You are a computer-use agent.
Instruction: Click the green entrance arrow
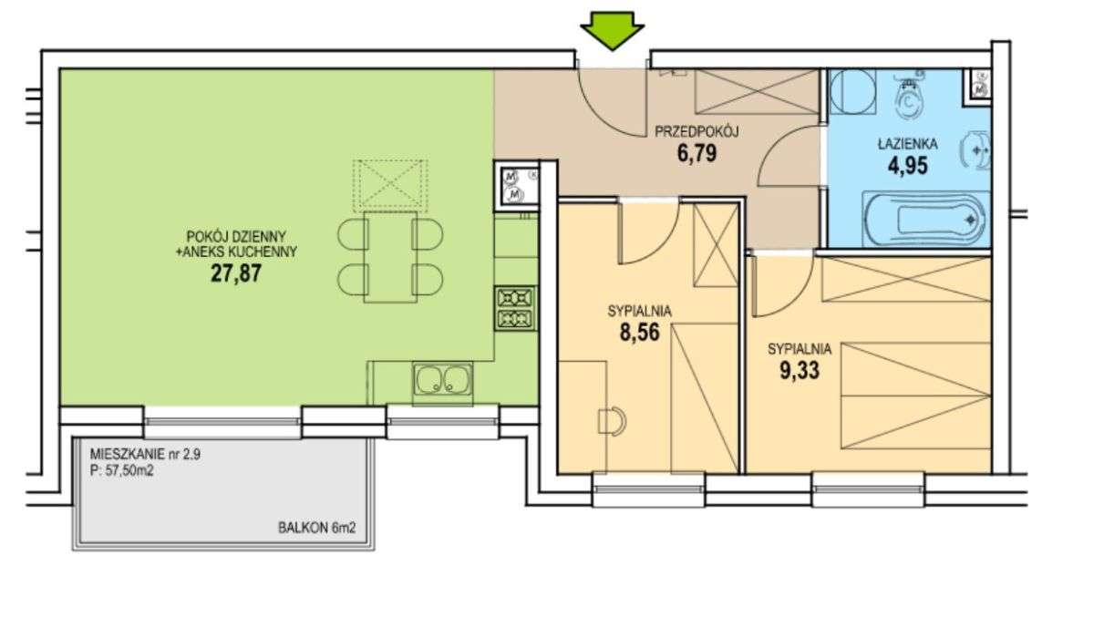click(x=613, y=30)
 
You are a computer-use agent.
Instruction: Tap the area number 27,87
click(x=236, y=273)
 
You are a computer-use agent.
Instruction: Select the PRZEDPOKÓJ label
click(x=697, y=132)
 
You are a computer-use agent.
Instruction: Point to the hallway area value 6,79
click(x=697, y=153)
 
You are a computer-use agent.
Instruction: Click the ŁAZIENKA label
click(x=907, y=144)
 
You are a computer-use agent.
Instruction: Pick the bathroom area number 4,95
click(x=907, y=166)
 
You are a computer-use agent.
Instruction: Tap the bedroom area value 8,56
click(x=639, y=333)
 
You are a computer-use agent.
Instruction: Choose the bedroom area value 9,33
click(x=800, y=370)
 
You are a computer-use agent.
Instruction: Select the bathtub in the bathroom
click(x=926, y=219)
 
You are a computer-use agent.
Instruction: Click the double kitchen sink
click(x=442, y=378)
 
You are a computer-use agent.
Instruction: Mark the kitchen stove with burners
click(x=515, y=308)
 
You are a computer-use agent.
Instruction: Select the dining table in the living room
click(x=390, y=257)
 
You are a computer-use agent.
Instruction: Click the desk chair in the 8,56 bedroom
click(x=612, y=421)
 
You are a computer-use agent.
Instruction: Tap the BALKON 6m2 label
click(x=317, y=528)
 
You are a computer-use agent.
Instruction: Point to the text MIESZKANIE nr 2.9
click(x=145, y=455)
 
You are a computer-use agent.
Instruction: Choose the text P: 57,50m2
click(x=121, y=471)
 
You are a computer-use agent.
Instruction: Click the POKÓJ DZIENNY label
click(x=236, y=237)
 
